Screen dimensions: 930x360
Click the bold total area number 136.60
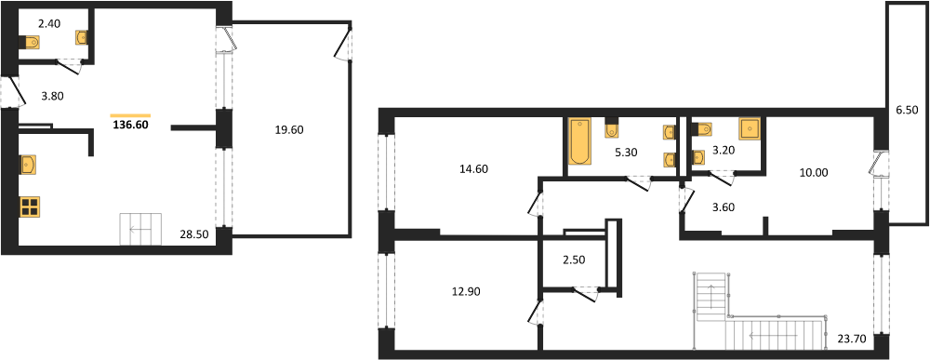130,126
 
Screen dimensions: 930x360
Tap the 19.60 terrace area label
290,130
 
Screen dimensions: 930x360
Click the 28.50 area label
193,234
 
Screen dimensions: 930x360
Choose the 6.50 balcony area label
908,111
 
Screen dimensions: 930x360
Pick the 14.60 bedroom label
473,168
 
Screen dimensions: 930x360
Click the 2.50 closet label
574,259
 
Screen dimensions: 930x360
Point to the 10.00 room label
814,173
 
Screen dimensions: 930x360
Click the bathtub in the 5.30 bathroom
578,141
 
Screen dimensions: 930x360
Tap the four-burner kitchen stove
29,207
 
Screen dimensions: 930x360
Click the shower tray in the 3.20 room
749,128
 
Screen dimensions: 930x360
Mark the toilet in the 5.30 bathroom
612,129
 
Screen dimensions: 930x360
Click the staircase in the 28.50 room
141,229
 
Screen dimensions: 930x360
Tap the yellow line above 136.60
130,115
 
